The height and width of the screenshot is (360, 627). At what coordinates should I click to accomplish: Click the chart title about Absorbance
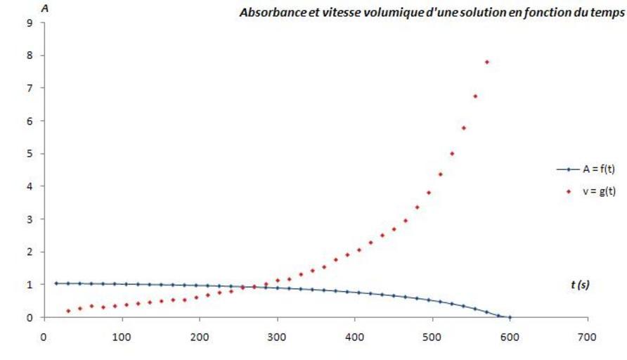(x=432, y=13)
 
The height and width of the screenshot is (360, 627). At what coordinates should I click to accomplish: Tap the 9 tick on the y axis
(x=29, y=22)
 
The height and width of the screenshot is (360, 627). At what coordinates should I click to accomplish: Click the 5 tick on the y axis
(x=29, y=153)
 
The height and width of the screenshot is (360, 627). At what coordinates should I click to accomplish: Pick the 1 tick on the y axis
(x=29, y=285)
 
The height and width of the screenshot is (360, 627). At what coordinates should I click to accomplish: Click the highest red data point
(x=486, y=62)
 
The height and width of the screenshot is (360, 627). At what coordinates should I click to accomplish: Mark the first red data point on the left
(x=68, y=311)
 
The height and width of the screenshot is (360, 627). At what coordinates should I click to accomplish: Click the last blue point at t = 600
(x=510, y=317)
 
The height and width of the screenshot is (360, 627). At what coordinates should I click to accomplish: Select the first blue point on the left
(x=56, y=283)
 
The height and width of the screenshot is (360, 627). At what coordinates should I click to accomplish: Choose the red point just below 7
(x=475, y=96)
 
